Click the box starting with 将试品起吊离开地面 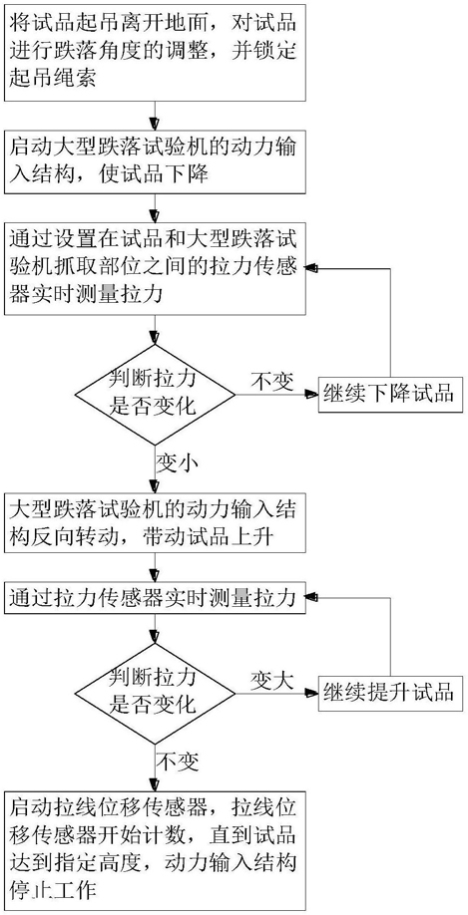coord(156,52)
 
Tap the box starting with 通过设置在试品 coord(156,268)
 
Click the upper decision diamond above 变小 coord(156,395)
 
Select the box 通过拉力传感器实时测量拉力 coord(156,596)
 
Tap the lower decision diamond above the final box coord(156,694)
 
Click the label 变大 coord(271,680)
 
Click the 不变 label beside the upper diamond coord(271,381)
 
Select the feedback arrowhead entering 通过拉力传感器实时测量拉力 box coord(312,596)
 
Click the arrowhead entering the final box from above coord(156,784)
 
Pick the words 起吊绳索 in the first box coord(53,78)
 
